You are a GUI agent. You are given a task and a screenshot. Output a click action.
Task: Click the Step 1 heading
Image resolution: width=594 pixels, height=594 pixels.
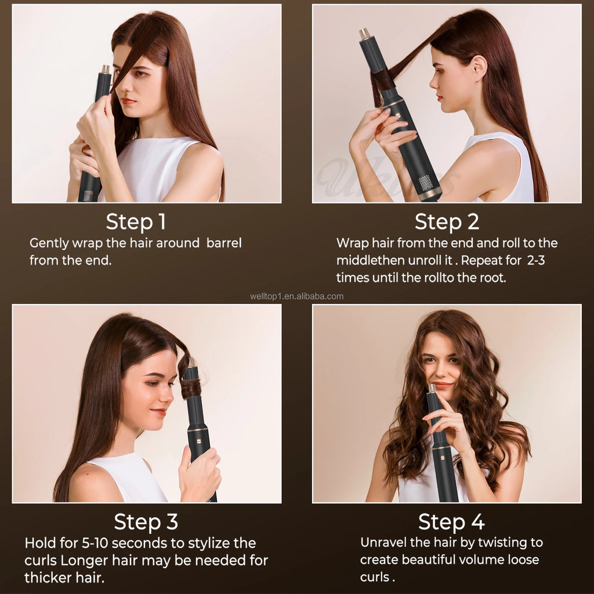click(136, 222)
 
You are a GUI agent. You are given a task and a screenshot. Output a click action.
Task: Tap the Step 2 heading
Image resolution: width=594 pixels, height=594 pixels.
click(446, 222)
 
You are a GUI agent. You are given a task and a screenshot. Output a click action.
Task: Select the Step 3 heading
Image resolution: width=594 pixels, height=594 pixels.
click(146, 521)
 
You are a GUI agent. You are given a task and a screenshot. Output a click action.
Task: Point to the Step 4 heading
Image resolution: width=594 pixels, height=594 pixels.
click(451, 521)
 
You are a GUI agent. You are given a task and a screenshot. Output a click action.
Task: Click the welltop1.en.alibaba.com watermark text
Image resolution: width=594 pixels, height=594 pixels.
click(296, 296)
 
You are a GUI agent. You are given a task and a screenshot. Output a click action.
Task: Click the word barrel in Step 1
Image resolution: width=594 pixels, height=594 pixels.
click(224, 243)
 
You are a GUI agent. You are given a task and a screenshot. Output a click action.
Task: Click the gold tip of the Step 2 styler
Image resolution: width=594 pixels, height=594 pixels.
click(365, 34)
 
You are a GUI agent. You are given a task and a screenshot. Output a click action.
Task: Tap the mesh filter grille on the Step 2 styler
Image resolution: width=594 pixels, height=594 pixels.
click(426, 182)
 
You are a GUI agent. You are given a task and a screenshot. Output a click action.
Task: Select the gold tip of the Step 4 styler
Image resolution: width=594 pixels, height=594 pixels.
click(432, 388)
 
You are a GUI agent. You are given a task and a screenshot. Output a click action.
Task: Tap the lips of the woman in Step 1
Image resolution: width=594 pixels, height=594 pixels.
click(128, 101)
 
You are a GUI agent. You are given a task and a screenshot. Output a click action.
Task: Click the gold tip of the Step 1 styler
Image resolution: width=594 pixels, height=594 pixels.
click(106, 70)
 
